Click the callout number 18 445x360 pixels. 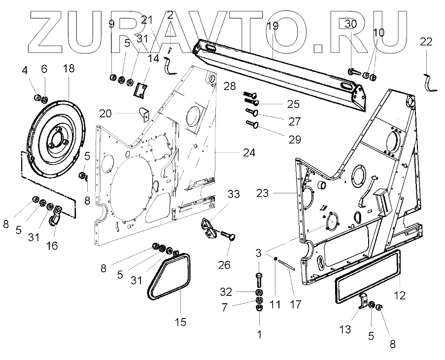point(68,69)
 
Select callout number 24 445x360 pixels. point(249,153)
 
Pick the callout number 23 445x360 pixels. point(263,193)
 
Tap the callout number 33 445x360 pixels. point(234,194)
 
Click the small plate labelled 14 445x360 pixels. point(142,89)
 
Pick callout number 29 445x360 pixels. point(295,139)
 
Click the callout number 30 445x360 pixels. point(350,23)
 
